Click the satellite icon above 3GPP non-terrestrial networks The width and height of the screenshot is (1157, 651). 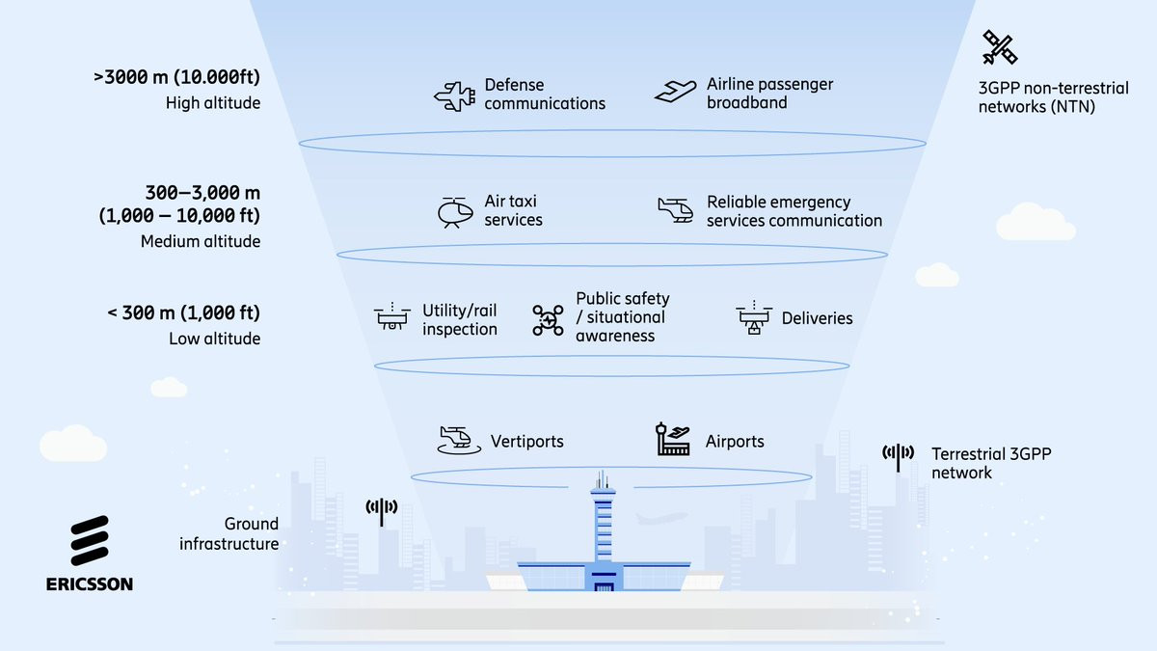pyautogui.click(x=1000, y=47)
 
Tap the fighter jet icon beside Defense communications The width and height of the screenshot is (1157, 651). pyautogui.click(x=455, y=95)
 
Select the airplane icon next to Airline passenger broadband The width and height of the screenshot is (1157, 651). pyautogui.click(x=676, y=91)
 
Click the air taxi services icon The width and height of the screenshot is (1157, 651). pyautogui.click(x=454, y=212)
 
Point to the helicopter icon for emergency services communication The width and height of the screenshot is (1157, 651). pyautogui.click(x=676, y=210)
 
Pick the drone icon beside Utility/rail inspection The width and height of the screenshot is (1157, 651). pyautogui.click(x=392, y=317)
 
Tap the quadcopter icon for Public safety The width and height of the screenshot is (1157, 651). pyautogui.click(x=548, y=319)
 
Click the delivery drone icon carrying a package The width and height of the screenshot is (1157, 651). pyautogui.click(x=754, y=318)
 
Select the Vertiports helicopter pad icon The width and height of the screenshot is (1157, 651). pyautogui.click(x=457, y=440)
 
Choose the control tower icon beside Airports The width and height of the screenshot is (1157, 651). pyautogui.click(x=673, y=440)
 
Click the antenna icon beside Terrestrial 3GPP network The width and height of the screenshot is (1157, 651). pyautogui.click(x=898, y=456)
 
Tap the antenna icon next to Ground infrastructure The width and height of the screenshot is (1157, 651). pyautogui.click(x=382, y=510)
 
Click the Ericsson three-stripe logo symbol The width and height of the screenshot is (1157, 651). pyautogui.click(x=90, y=540)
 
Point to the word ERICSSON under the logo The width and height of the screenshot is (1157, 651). pyautogui.click(x=90, y=583)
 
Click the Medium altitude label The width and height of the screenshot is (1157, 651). pyautogui.click(x=201, y=241)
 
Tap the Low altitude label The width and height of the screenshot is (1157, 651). pyautogui.click(x=214, y=339)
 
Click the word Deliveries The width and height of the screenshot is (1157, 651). pyautogui.click(x=817, y=318)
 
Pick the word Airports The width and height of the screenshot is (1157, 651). pyautogui.click(x=735, y=441)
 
